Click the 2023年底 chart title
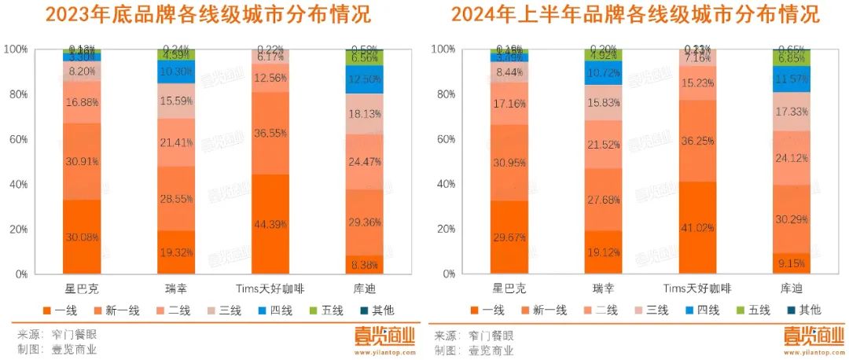pyautogui.click(x=208, y=15)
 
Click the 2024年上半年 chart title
pyautogui.click(x=635, y=15)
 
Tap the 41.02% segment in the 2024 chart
pyautogui.click(x=698, y=228)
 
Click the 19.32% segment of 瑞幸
pyautogui.click(x=176, y=252)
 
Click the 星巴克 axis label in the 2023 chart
pyautogui.click(x=82, y=287)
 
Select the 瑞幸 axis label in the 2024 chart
pyautogui.click(x=603, y=287)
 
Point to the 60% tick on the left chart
pyautogui.click(x=39, y=139)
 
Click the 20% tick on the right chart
pyautogui.click(x=445, y=230)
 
